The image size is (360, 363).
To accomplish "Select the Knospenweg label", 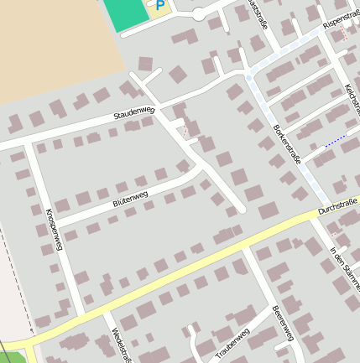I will point(52,229).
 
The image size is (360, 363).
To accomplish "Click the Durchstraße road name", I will point(337,207).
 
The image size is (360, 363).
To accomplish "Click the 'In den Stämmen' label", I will point(343,268).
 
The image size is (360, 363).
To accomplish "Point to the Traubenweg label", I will point(232,345).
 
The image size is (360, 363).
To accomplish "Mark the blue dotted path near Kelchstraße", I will point(335,140).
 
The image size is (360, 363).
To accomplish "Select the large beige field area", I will point(50,50).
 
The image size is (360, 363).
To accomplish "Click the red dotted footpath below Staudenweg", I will point(185,131).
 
